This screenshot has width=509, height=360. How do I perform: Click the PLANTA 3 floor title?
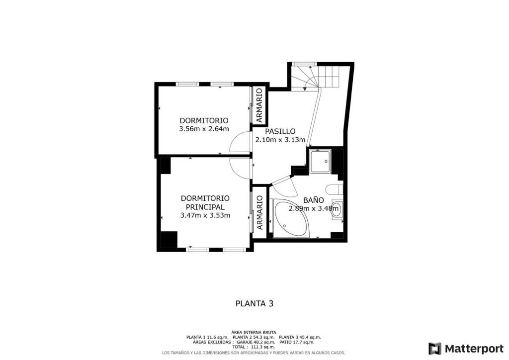click(254, 303)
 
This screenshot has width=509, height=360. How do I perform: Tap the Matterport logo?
click(466, 349)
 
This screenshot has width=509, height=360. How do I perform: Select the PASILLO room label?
click(280, 131)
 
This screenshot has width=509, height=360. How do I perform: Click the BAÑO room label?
click(313, 200)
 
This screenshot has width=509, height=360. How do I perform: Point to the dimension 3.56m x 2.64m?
click(204, 129)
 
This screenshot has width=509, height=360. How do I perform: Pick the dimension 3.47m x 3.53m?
click(205, 215)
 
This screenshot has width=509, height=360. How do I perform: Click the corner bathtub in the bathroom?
click(291, 218)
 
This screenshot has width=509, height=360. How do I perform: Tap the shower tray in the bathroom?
click(320, 161)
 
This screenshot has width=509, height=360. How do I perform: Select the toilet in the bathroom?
click(334, 189)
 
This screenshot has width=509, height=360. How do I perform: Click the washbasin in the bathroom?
click(337, 207)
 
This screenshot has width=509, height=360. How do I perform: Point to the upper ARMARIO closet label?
click(259, 105)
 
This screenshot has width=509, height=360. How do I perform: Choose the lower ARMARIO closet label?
click(259, 213)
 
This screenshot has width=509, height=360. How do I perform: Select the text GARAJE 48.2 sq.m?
click(255, 342)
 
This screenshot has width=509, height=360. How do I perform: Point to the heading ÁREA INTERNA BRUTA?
click(254, 333)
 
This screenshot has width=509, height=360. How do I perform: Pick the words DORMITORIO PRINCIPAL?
click(205, 202)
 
